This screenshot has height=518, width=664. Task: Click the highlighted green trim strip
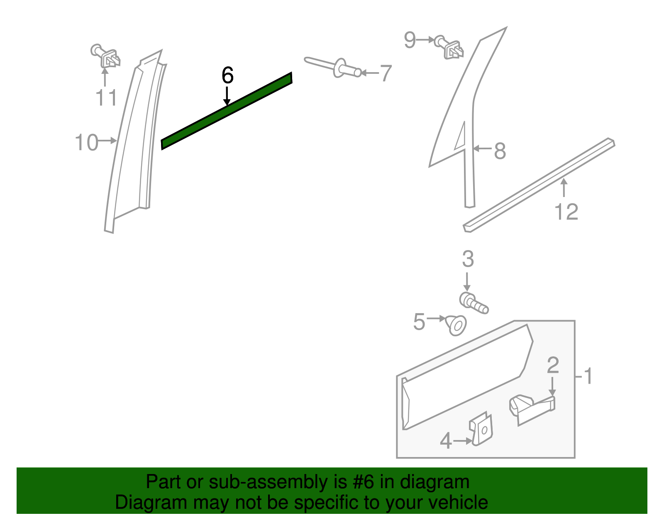pyautogui.click(x=226, y=111)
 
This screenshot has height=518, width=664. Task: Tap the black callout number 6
pyautogui.click(x=227, y=76)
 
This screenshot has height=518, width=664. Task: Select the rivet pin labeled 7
pyautogui.click(x=334, y=67)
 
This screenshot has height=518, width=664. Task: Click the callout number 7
pyautogui.click(x=386, y=73)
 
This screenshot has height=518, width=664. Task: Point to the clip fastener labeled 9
pyautogui.click(x=450, y=47)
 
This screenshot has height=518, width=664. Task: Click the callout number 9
pyautogui.click(x=410, y=40)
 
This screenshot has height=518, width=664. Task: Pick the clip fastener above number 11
pyautogui.click(x=106, y=56)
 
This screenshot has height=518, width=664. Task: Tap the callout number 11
pyautogui.click(x=106, y=98)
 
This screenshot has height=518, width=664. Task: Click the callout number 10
pyautogui.click(x=86, y=142)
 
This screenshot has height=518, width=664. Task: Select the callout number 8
pyautogui.click(x=500, y=151)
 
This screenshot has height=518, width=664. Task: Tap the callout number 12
pyautogui.click(x=566, y=212)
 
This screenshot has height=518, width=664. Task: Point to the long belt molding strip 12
pyautogui.click(x=539, y=185)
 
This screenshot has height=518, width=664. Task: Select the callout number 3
pyautogui.click(x=468, y=259)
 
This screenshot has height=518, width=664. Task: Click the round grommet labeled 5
pyautogui.click(x=456, y=325)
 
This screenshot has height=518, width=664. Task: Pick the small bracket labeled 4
pyautogui.click(x=481, y=430)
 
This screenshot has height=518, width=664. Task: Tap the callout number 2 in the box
pyautogui.click(x=553, y=365)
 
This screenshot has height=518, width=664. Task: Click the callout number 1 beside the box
pyautogui.click(x=588, y=376)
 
